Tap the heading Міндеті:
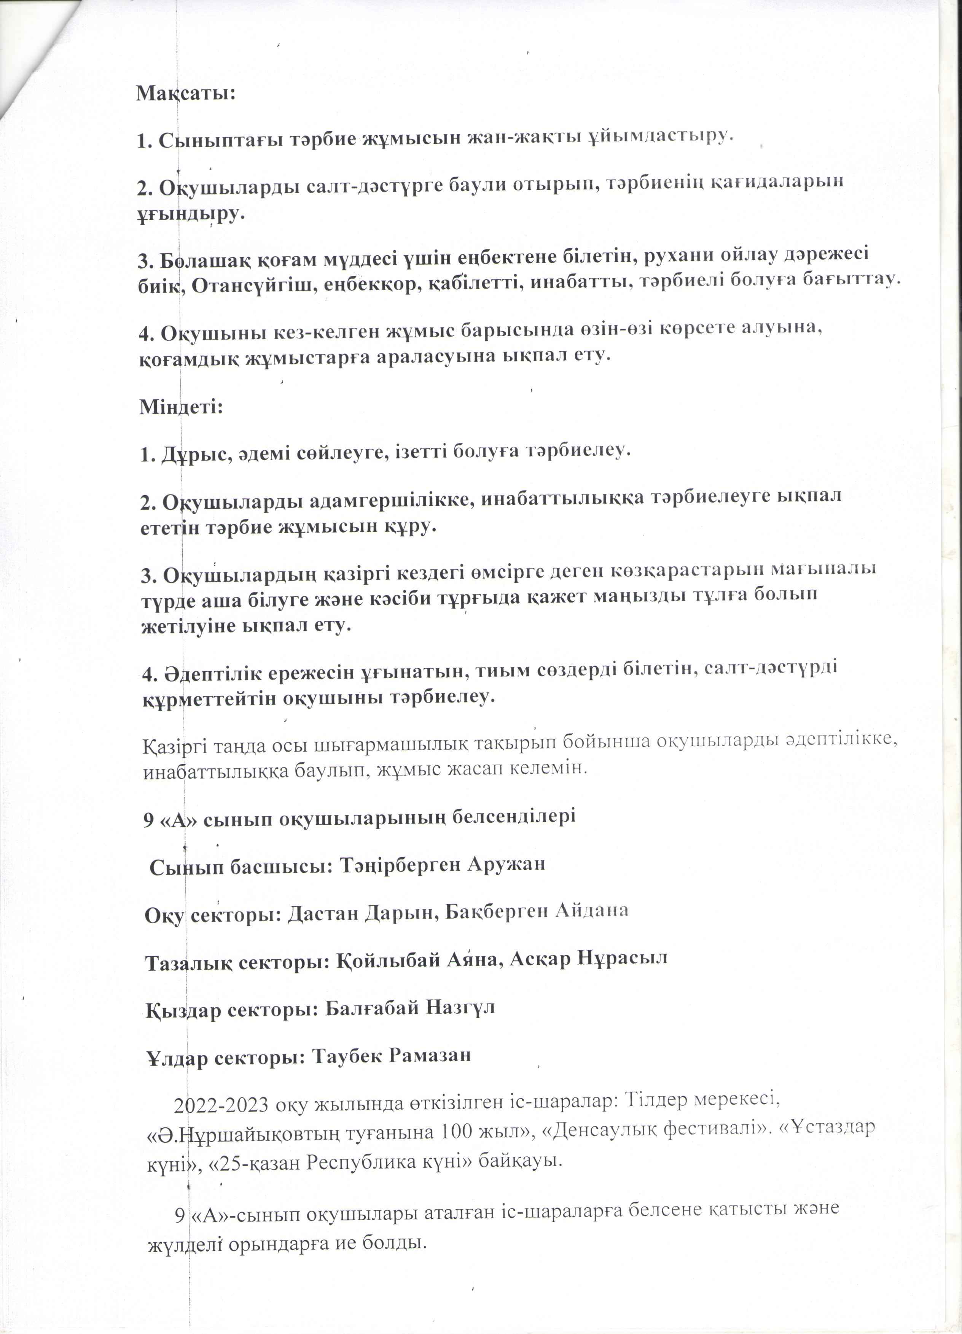coord(181,406)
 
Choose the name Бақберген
coord(494,912)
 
